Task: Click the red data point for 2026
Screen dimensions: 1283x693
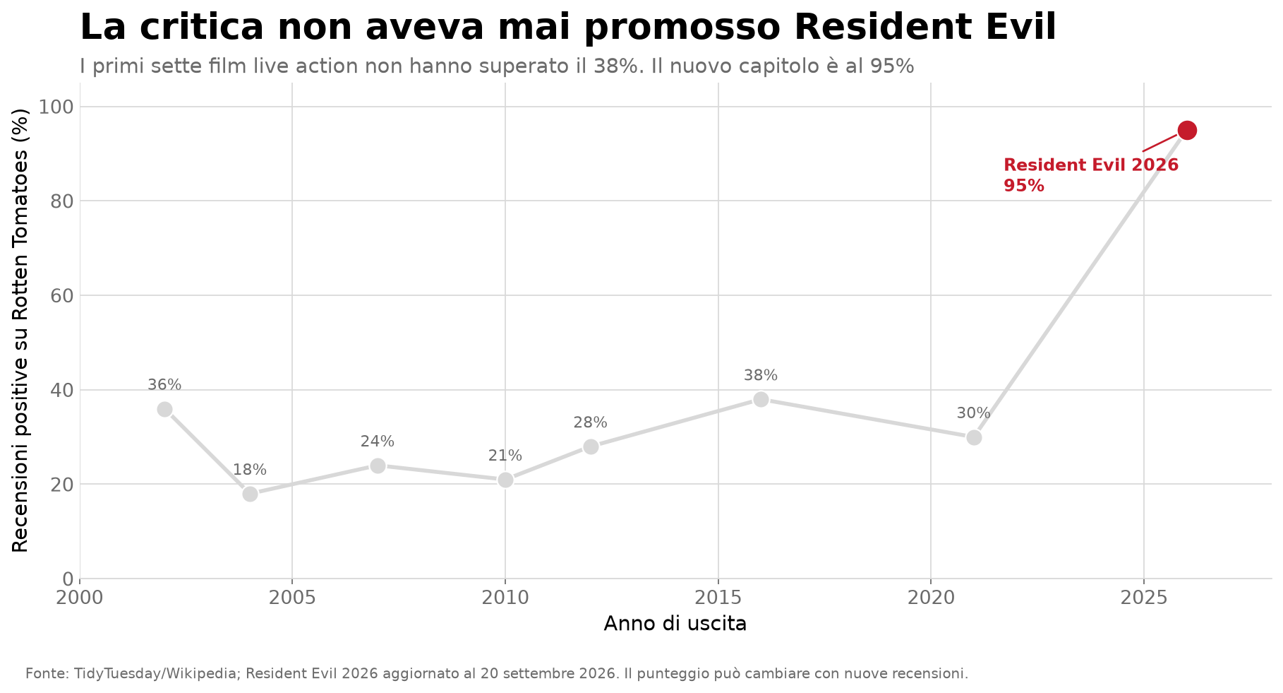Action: click(x=1187, y=131)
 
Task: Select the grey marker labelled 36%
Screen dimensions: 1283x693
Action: click(x=165, y=410)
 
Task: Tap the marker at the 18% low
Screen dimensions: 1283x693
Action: click(x=250, y=494)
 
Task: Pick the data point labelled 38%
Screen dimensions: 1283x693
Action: click(x=761, y=400)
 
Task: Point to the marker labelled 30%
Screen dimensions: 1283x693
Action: click(x=974, y=437)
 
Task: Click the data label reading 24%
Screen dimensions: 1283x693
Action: click(x=378, y=442)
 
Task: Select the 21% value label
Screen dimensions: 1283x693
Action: click(x=505, y=456)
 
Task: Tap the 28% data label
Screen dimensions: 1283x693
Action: click(x=591, y=422)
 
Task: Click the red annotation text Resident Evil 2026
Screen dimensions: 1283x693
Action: click(x=1091, y=165)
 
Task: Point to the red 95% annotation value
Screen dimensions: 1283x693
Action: click(x=1024, y=186)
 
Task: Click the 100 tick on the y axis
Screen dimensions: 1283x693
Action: click(x=56, y=107)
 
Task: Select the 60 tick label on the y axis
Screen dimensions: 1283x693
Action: click(x=61, y=296)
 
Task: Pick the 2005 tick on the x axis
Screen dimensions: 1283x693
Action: click(x=292, y=598)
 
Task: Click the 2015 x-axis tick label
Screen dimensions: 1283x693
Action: click(x=718, y=598)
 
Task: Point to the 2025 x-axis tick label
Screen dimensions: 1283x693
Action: click(x=1143, y=598)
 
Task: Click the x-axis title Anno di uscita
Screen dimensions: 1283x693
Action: click(x=675, y=624)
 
